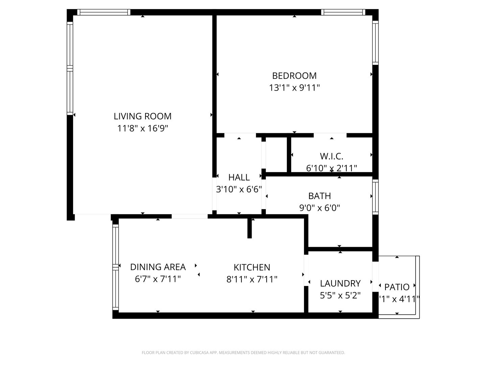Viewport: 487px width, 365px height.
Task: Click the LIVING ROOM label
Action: pyautogui.click(x=142, y=116)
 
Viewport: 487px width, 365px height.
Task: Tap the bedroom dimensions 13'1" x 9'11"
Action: pyautogui.click(x=294, y=88)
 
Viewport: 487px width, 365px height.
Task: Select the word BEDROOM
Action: pyautogui.click(x=294, y=76)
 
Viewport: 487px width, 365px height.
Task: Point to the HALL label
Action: pyautogui.click(x=239, y=177)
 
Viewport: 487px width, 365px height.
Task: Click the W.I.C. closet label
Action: pyautogui.click(x=331, y=156)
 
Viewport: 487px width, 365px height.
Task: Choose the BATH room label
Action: pyautogui.click(x=320, y=196)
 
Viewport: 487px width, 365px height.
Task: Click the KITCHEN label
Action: pyautogui.click(x=252, y=267)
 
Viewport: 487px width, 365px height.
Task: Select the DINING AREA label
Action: pyautogui.click(x=158, y=267)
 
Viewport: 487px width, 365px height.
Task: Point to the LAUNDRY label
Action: pyautogui.click(x=340, y=283)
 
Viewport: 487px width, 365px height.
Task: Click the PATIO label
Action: pyautogui.click(x=397, y=287)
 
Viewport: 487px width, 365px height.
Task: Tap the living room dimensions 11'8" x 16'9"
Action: pyautogui.click(x=142, y=128)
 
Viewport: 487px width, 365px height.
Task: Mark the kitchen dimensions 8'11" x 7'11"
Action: pyautogui.click(x=252, y=279)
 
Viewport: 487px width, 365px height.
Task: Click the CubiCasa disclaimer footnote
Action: pyautogui.click(x=243, y=353)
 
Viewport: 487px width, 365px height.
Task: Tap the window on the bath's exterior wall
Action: pyautogui.click(x=375, y=197)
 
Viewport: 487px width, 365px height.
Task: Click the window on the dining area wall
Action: pyautogui.click(x=116, y=267)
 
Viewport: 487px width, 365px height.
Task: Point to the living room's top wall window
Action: pyautogui.click(x=103, y=12)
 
